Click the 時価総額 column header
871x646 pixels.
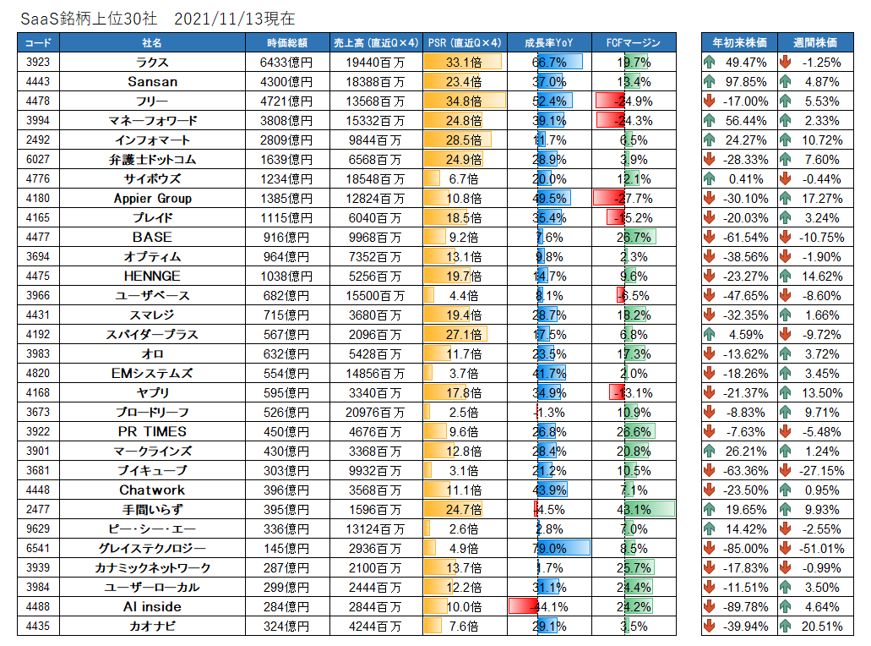[x=287, y=43]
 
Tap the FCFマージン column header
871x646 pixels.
[x=634, y=43]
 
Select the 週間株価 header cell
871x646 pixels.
[x=815, y=43]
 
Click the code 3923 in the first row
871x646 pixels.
[x=38, y=63]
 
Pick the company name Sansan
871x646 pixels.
[x=152, y=82]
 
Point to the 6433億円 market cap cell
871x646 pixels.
[x=286, y=63]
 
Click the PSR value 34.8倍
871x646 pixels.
[x=463, y=101]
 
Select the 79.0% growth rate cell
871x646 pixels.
[x=549, y=549]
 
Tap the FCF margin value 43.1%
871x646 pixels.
[x=634, y=510]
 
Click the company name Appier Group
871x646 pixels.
[x=152, y=199]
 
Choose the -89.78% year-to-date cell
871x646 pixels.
[x=745, y=607]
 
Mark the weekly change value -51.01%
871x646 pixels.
[x=821, y=549]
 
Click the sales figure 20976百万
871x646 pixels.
[x=375, y=413]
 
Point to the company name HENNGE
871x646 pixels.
[x=152, y=276]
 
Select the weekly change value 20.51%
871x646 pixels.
[x=821, y=627]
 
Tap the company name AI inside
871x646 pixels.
[x=152, y=607]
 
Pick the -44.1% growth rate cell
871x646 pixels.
[x=549, y=607]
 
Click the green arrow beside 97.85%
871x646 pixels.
[x=710, y=82]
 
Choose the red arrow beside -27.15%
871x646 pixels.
[x=785, y=471]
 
